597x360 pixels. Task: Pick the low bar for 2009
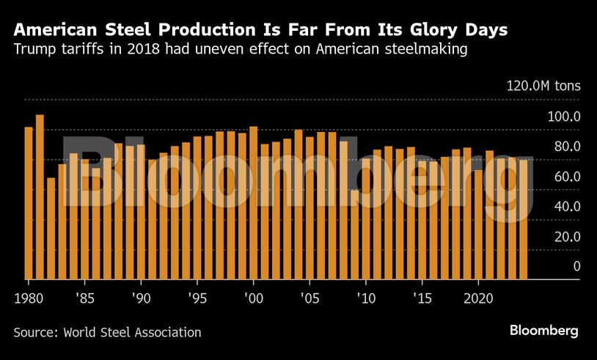point(355,234)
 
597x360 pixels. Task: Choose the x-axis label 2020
point(478,298)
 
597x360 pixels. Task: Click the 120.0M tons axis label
point(543,86)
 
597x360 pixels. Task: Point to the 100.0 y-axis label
point(565,117)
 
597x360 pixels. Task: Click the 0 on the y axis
point(576,266)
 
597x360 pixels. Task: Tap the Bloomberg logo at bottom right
point(544,331)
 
